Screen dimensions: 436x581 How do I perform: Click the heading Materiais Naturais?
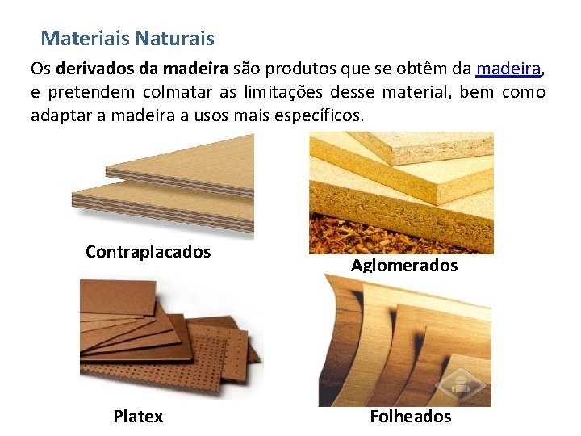(x=127, y=38)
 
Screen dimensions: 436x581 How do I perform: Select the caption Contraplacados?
(x=148, y=252)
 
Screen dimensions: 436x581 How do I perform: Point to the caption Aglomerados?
(x=404, y=266)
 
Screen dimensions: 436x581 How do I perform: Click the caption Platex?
(x=138, y=417)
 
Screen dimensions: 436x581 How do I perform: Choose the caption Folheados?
(x=410, y=417)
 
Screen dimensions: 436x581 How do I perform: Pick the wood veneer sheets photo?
(x=403, y=339)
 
